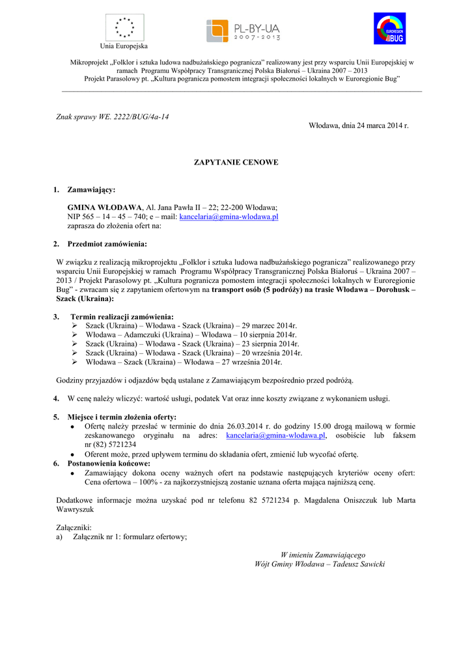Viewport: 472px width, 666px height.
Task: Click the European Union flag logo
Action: [x=124, y=27]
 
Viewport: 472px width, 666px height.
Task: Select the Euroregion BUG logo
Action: [x=389, y=29]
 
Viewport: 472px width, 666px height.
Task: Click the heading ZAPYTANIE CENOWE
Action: [x=236, y=161]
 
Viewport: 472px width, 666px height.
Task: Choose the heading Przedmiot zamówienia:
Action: [x=107, y=244]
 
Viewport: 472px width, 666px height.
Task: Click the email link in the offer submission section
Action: [x=275, y=435]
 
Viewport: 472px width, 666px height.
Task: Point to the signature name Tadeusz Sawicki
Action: [x=358, y=564]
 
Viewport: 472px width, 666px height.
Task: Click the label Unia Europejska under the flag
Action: [x=124, y=46]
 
